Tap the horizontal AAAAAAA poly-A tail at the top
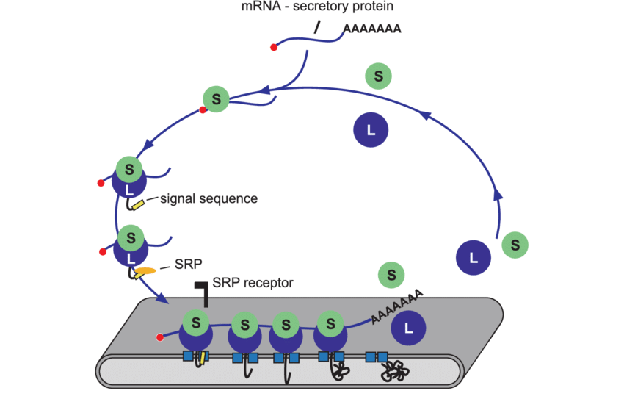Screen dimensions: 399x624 [x=371, y=29]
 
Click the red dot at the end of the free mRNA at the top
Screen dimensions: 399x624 [x=274, y=48]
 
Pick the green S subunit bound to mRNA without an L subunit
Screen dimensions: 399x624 [x=216, y=98]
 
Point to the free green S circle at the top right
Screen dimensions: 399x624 [x=378, y=75]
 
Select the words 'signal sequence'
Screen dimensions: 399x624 [x=208, y=198]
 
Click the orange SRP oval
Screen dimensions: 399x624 [x=144, y=272]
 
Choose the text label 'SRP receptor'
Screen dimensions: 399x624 [x=253, y=282]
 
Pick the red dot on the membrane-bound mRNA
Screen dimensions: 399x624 [x=160, y=338]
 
